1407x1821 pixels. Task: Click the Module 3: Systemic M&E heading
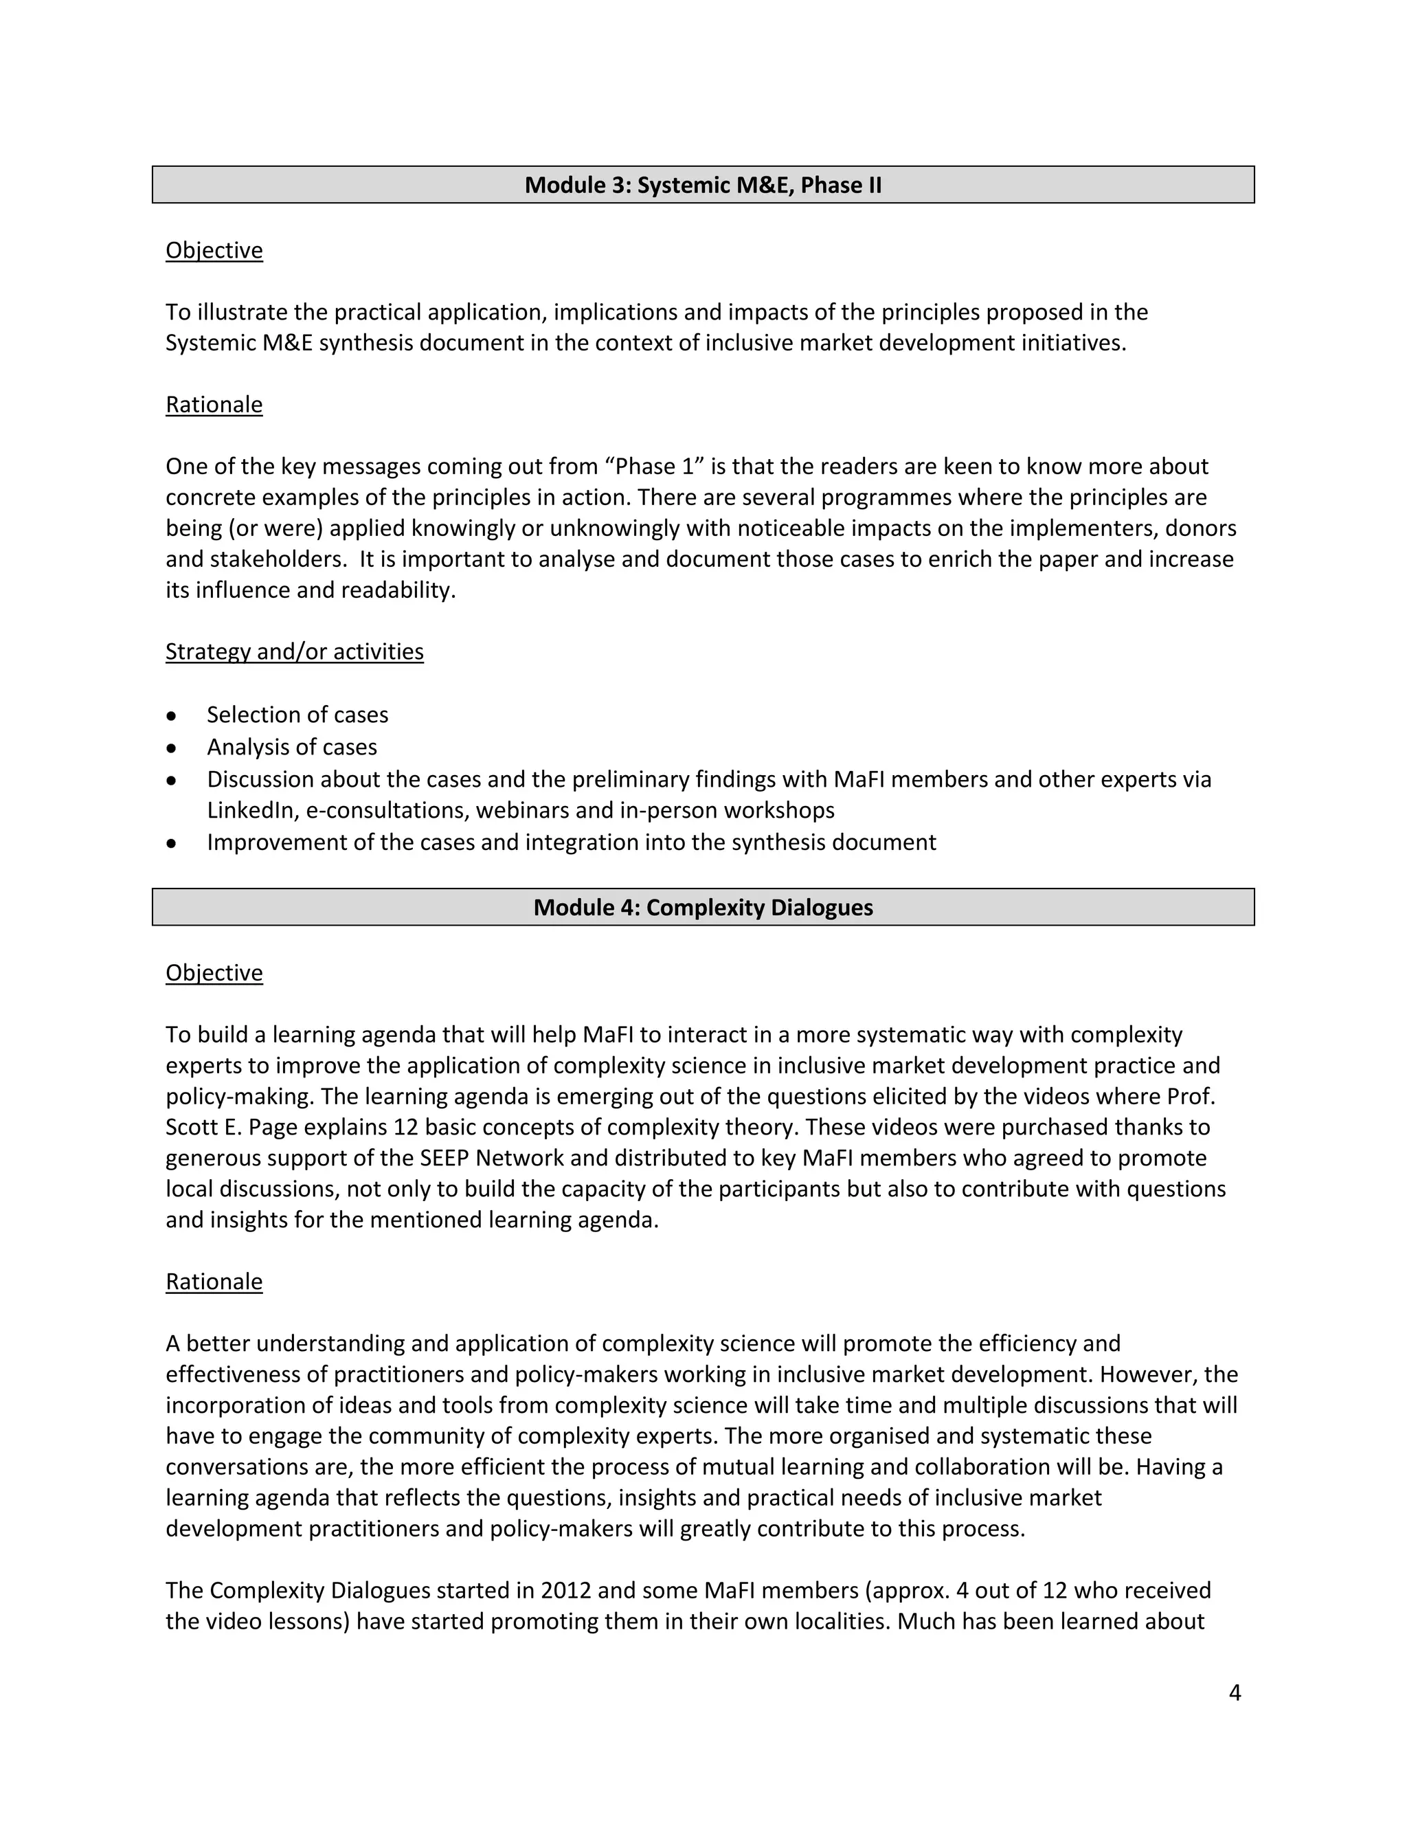click(x=703, y=185)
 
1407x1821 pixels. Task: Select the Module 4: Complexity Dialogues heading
click(x=703, y=907)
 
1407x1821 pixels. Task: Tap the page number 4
click(x=1235, y=1692)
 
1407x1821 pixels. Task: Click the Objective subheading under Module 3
click(x=214, y=250)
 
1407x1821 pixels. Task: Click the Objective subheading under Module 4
click(x=214, y=972)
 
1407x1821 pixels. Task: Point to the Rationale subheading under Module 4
click(x=214, y=1281)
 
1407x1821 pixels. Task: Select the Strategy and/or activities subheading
click(x=294, y=651)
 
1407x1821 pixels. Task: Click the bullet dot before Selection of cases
click(x=172, y=715)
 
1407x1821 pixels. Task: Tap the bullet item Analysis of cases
click(x=292, y=747)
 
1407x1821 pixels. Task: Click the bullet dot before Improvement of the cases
click(x=172, y=843)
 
